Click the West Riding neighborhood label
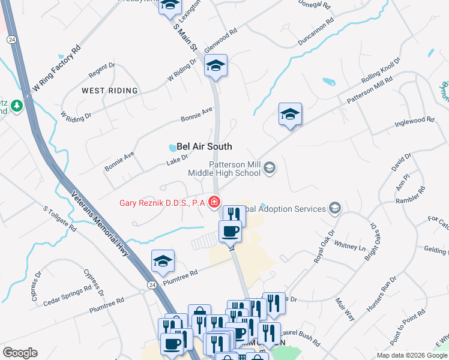click(x=110, y=91)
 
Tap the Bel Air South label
click(x=203, y=146)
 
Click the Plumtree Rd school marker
click(x=163, y=262)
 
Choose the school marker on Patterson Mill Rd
click(x=290, y=115)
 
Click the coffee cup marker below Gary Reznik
click(x=230, y=231)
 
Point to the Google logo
click(x=20, y=353)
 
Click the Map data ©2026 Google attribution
click(x=412, y=355)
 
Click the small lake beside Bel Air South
click(x=173, y=148)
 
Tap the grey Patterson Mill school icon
click(x=270, y=169)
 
